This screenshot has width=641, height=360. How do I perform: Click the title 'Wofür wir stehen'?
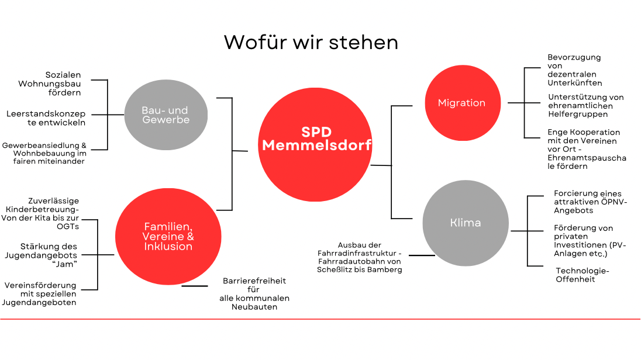point(311,42)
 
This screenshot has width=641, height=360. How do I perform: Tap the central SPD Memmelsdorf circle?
point(315,145)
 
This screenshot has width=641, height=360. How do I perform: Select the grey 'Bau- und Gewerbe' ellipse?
point(166,115)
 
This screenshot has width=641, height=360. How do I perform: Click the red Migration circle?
point(463,103)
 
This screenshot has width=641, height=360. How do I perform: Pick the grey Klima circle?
point(466,223)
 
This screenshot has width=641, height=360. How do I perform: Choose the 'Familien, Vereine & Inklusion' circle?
point(168,237)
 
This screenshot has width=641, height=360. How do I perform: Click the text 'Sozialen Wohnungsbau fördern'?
point(50,84)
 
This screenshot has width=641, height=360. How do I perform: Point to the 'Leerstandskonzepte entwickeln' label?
point(46,118)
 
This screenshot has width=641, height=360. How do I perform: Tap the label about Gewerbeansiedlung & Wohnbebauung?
point(44,153)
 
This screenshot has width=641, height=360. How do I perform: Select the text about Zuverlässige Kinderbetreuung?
point(40,214)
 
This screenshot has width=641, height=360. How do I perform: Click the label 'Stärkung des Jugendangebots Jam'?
point(41,255)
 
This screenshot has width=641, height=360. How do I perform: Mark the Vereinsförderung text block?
point(39,294)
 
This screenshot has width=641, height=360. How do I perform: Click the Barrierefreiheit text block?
point(254,294)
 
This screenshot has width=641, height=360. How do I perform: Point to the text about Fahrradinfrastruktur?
point(359,257)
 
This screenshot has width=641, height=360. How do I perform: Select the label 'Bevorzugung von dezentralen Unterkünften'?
point(575,70)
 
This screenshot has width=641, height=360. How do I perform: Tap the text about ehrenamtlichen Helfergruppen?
point(586,105)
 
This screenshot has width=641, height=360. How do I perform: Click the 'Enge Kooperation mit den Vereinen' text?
point(587,149)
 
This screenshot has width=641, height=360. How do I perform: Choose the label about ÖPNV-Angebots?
point(590,202)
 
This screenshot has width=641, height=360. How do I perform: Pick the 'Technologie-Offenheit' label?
point(582,275)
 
